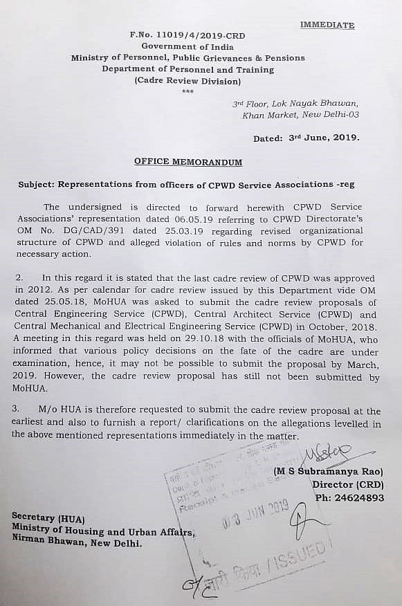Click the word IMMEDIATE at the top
coord(327,25)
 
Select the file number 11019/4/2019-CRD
coord(197,35)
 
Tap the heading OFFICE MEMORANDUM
coord(188,162)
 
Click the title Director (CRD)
coord(347,485)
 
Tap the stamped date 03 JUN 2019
coord(255,513)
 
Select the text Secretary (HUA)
coord(47,517)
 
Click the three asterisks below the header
coord(188,91)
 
